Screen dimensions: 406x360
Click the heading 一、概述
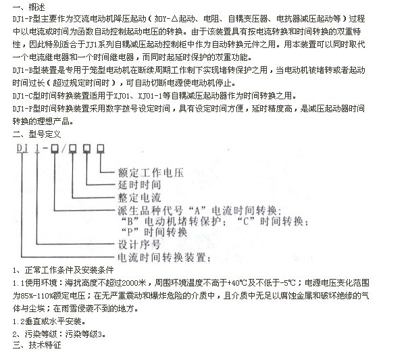coord(29,7)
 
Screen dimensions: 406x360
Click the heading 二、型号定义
coord(36,134)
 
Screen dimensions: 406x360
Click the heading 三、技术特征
coord(36,345)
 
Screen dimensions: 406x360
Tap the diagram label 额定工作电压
coord(151,173)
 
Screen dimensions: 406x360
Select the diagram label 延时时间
coord(140,185)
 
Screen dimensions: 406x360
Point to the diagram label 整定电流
coord(140,198)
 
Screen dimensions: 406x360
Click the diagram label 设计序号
coord(139,245)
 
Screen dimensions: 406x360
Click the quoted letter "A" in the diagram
coord(197,211)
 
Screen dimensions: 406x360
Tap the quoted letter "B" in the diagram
coord(130,222)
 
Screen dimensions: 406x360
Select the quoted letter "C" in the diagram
coord(246,222)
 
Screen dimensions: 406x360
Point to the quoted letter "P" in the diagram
coord(130,232)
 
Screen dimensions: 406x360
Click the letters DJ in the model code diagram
coord(22,148)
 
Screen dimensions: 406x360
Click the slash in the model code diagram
coord(64,149)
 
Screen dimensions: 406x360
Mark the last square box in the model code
coord(101,148)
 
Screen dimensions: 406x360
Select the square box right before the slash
coord(55,149)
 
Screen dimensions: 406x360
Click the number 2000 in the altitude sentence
coord(130,283)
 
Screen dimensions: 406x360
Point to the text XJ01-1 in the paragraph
coord(150,96)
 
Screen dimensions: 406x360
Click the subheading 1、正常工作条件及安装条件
coord(64,270)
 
